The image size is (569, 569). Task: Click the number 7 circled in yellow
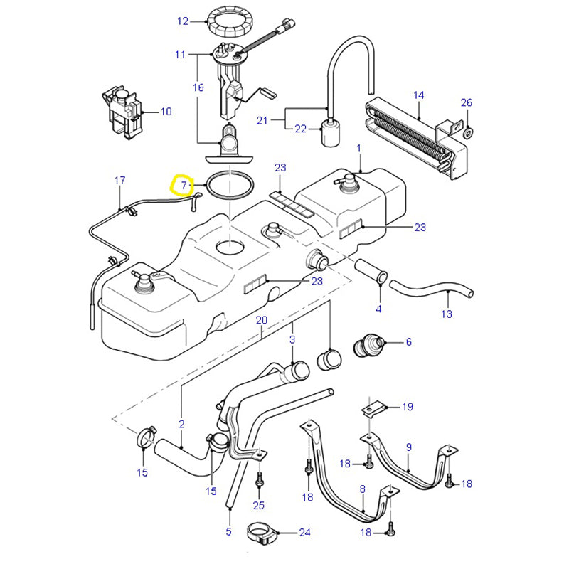[x=183, y=185]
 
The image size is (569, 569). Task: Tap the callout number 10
[x=166, y=112]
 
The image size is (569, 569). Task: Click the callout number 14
[x=418, y=95]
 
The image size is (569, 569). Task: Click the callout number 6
[x=408, y=342]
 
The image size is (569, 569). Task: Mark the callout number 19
[x=408, y=407]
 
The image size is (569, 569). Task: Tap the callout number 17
[x=120, y=180]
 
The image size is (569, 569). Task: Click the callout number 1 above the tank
[x=359, y=149]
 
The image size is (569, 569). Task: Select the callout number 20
[x=262, y=319]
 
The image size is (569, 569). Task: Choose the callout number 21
[x=262, y=120]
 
